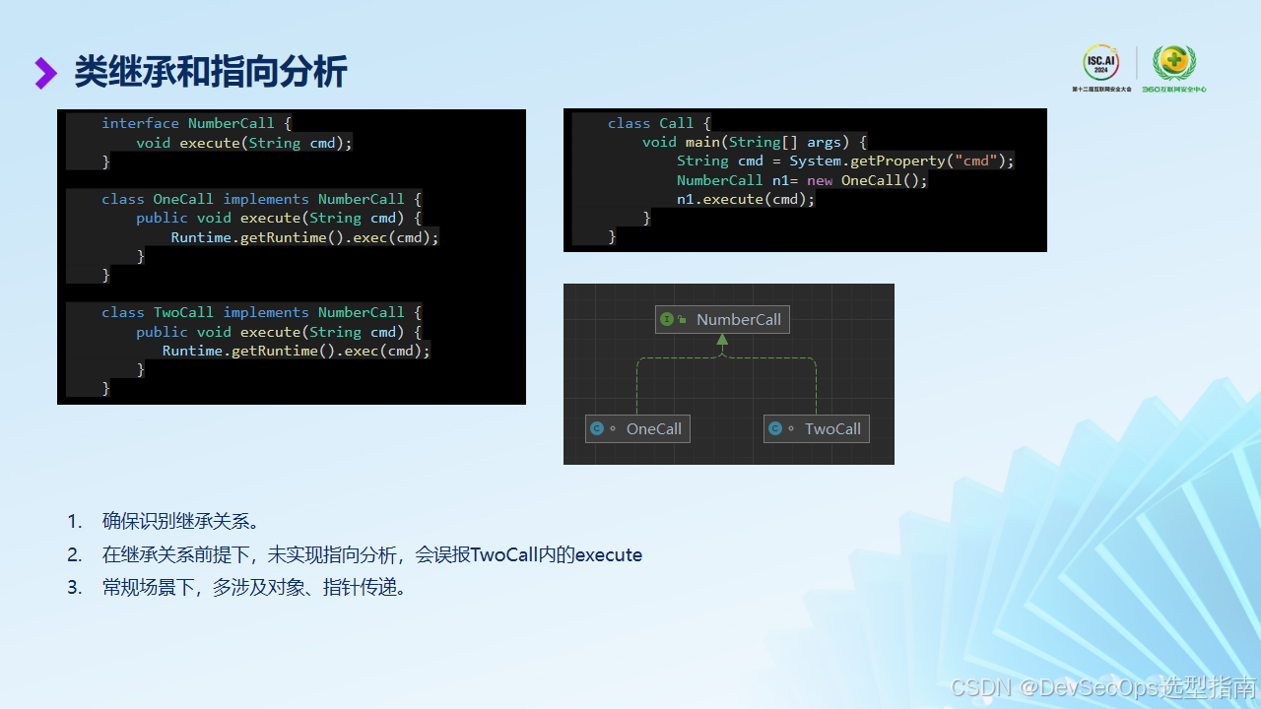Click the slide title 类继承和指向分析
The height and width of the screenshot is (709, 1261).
tap(210, 73)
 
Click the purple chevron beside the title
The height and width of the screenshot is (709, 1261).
tap(45, 73)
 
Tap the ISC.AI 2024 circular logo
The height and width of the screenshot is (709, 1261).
tap(1101, 64)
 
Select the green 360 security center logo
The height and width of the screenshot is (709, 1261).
tap(1173, 65)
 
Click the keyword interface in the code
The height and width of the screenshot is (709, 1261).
tap(140, 123)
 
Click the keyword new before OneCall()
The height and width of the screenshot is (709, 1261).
tap(820, 180)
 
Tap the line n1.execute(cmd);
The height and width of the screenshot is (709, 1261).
tap(746, 199)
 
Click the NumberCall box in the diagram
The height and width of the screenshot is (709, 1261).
tap(722, 319)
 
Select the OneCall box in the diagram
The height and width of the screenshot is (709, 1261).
tap(637, 428)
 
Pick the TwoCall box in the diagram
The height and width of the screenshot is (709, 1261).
tap(817, 428)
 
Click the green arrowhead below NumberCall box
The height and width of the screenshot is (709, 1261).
tap(722, 340)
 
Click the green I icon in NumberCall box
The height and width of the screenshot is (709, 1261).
tap(667, 319)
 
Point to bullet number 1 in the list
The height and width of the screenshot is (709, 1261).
tap(75, 521)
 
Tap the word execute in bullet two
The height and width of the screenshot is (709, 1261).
tap(608, 554)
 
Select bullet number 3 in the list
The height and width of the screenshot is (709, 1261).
tap(75, 588)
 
